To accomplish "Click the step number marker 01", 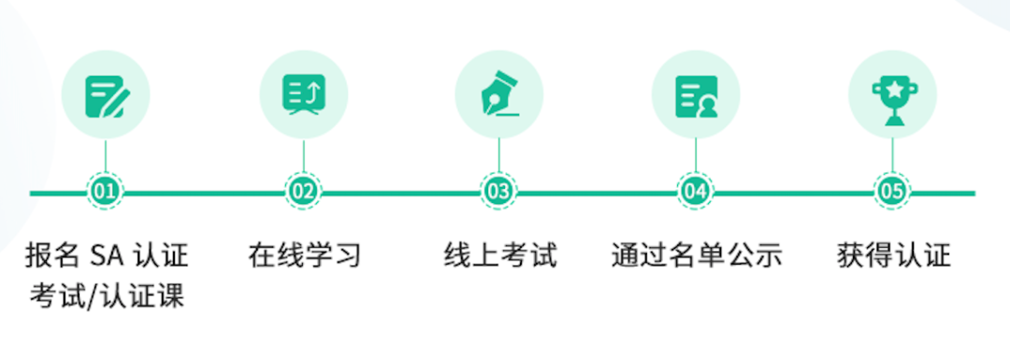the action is click(x=106, y=193).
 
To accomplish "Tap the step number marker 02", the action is click(x=303, y=193).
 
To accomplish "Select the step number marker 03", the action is click(x=498, y=193).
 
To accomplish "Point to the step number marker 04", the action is click(x=695, y=193).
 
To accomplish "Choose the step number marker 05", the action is click(x=891, y=193).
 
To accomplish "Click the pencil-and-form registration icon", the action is click(x=106, y=94).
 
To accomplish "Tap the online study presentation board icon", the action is click(x=303, y=94).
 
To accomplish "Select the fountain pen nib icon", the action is click(x=498, y=94).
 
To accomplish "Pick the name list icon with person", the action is click(x=695, y=94).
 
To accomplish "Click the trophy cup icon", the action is click(x=891, y=94).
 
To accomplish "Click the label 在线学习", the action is click(x=304, y=254).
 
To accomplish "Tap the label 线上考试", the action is click(x=499, y=254).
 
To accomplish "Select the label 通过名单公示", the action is click(x=696, y=254).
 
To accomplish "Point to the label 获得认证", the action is click(x=892, y=254).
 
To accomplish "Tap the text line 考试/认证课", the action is click(x=106, y=296).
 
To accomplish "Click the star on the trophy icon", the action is click(x=891, y=88).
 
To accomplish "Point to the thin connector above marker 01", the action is click(x=106, y=156).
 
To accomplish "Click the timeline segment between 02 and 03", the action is click(x=400, y=194).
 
